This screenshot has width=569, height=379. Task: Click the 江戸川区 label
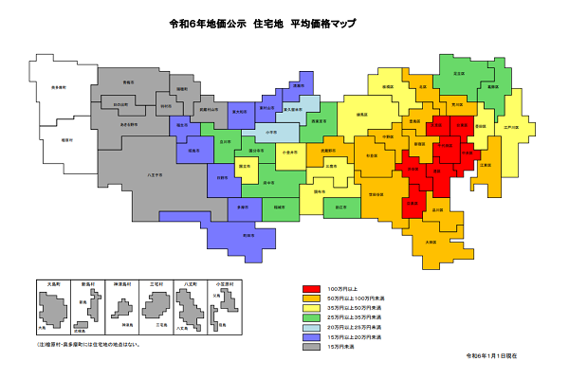click(x=512, y=127)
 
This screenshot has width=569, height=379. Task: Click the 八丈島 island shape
click(x=189, y=305)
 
